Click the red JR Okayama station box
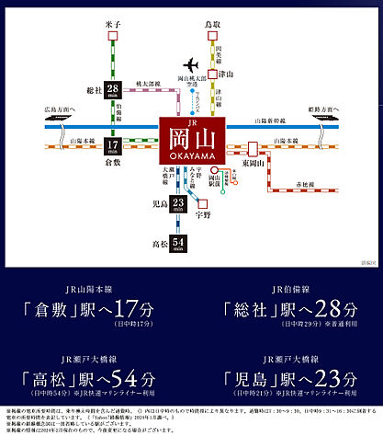coord(190,141)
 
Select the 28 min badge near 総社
coord(113,92)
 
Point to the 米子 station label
coord(113,17)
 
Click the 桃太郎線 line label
coord(145,83)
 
